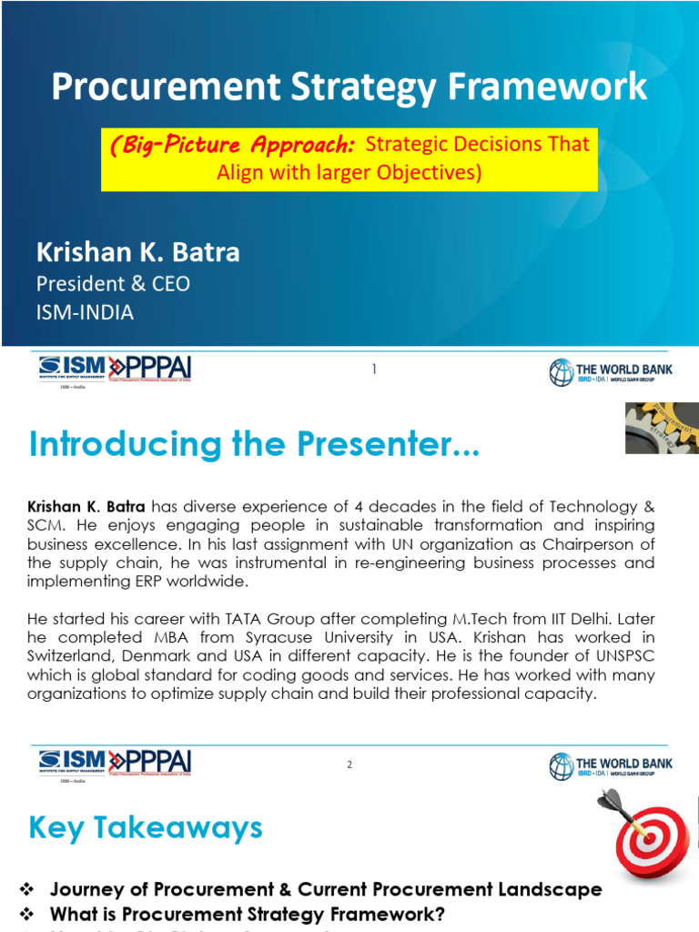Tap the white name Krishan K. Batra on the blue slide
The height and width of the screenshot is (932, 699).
[x=137, y=252]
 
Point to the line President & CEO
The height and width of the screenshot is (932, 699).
[x=113, y=284]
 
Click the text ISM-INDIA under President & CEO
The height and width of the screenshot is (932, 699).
[x=85, y=312]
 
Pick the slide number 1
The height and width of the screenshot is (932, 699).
[x=373, y=369]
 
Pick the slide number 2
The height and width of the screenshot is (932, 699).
[x=349, y=765]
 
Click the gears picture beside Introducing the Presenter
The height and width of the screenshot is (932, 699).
[x=661, y=427]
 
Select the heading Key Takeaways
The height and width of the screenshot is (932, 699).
[x=146, y=828]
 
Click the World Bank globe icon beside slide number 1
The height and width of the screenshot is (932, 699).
[x=561, y=372]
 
